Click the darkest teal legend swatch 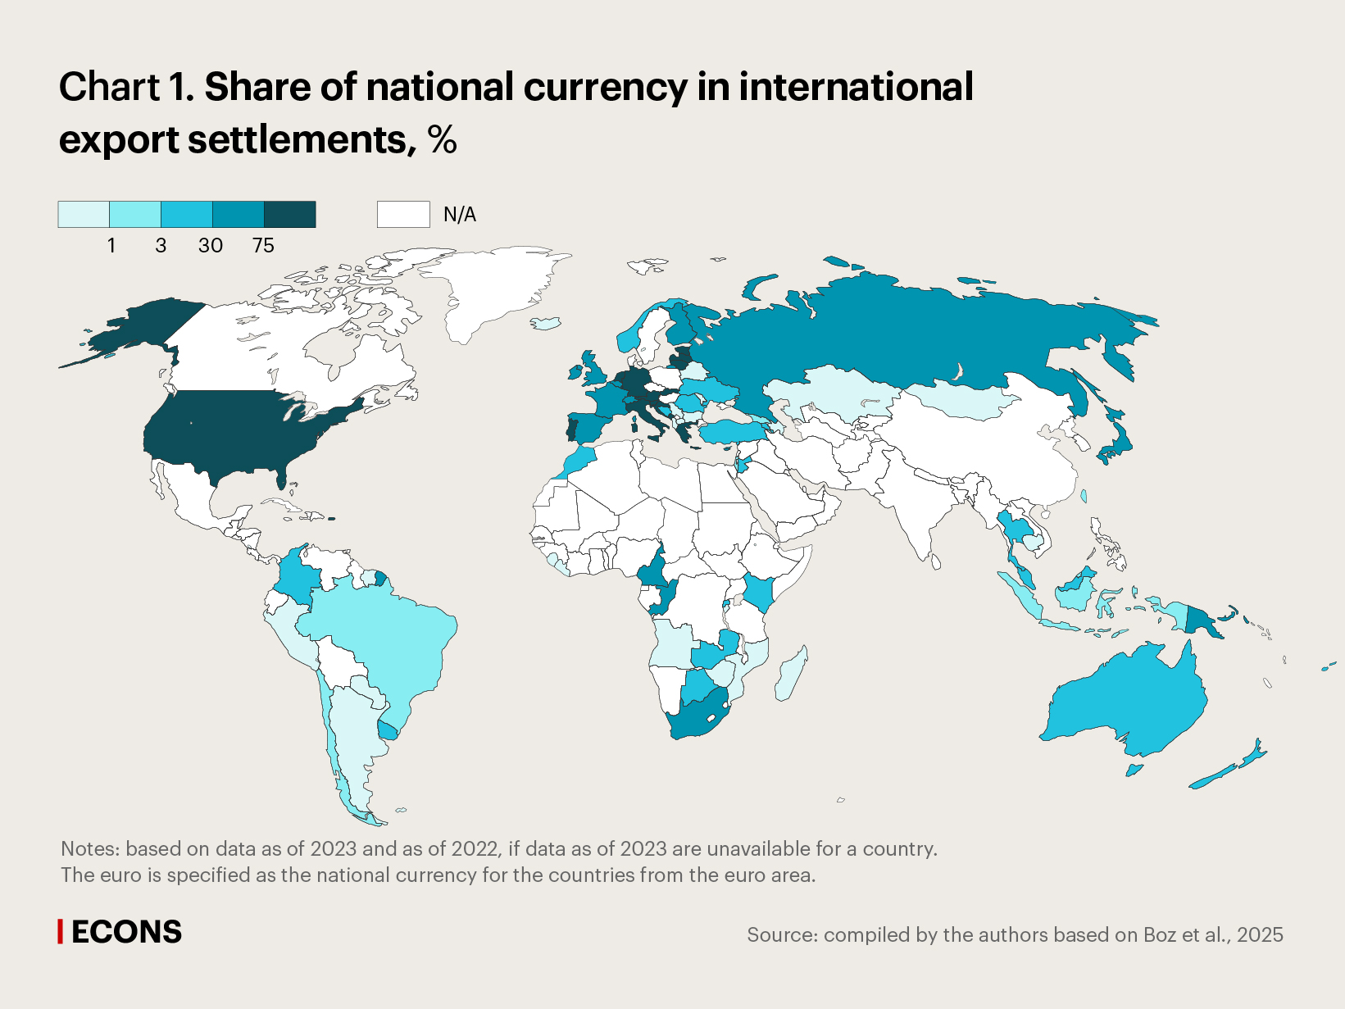[x=289, y=215]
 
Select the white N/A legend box [x=403, y=215]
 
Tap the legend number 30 [x=211, y=245]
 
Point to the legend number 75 [x=263, y=245]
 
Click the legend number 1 [x=111, y=245]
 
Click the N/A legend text [x=459, y=215]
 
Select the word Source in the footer [x=781, y=935]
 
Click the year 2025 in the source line [x=1260, y=935]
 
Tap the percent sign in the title [x=442, y=139]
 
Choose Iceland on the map [x=547, y=323]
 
